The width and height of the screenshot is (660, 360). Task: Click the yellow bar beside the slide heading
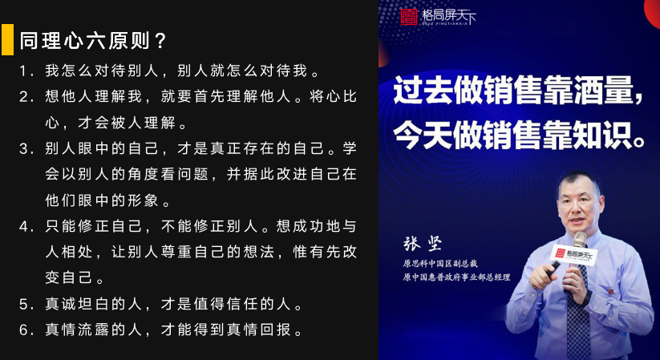click(7, 39)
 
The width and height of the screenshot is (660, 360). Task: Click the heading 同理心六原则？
click(94, 41)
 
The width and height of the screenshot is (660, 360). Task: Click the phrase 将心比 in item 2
click(334, 97)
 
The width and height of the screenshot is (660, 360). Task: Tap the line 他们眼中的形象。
click(107, 200)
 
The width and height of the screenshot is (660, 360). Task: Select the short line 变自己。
click(75, 278)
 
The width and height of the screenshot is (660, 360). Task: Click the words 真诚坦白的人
click(94, 304)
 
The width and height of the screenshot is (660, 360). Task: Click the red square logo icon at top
click(409, 17)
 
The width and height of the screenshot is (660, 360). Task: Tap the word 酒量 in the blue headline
click(604, 90)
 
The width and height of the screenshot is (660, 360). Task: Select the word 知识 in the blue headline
click(604, 136)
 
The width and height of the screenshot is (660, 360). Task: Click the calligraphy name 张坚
click(423, 244)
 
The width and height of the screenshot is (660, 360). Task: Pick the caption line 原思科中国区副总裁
click(439, 264)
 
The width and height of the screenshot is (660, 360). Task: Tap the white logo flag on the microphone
click(573, 254)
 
